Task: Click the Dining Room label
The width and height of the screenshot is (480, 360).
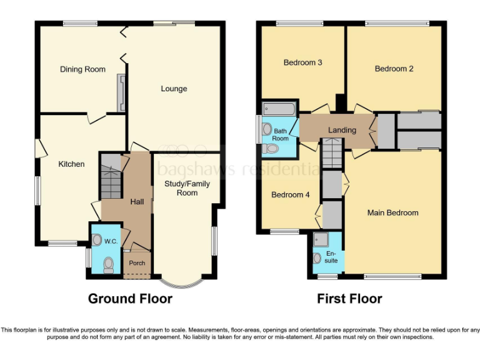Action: tap(82, 69)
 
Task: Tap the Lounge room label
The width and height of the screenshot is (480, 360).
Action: tap(174, 89)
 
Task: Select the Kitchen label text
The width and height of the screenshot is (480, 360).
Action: tap(71, 164)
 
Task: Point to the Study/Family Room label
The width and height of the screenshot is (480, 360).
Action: tap(187, 188)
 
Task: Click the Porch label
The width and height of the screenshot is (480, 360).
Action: tap(137, 263)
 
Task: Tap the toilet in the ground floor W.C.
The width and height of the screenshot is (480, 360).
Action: tap(109, 265)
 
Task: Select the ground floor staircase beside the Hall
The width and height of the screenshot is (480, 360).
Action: tap(111, 177)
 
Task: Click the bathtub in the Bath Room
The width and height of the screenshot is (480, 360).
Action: tap(279, 109)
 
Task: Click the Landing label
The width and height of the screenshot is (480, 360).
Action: tap(342, 130)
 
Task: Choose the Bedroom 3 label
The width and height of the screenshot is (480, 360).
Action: tap(302, 62)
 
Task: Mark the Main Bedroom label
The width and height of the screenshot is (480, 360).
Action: tap(392, 213)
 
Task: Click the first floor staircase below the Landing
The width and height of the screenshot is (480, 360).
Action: tap(332, 154)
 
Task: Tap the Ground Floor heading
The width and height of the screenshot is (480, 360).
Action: tap(130, 299)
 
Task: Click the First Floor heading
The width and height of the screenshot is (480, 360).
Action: tap(349, 299)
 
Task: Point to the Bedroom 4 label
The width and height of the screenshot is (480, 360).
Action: tap(290, 195)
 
